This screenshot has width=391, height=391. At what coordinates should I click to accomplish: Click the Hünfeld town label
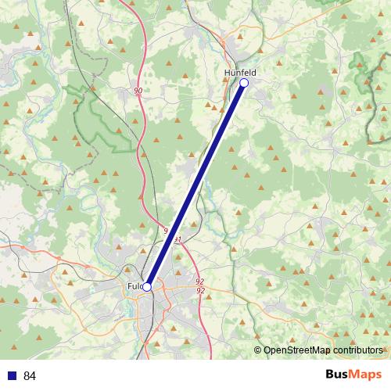[240, 73]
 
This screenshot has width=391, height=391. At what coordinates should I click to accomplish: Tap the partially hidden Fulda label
[134, 286]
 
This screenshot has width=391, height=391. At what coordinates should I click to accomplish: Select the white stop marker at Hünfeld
[244, 82]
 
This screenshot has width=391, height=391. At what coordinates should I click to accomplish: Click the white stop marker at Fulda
[146, 287]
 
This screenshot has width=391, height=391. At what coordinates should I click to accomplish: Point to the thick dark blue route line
[195, 185]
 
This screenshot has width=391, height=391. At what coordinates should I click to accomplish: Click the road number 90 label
[138, 91]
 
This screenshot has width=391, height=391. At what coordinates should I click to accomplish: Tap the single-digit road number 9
[166, 231]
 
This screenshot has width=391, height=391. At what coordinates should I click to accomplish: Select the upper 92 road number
[200, 282]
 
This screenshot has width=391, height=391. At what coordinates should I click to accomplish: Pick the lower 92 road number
[200, 291]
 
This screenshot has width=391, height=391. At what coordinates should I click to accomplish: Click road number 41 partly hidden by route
[180, 239]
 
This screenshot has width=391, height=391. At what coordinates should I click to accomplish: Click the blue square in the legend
[12, 375]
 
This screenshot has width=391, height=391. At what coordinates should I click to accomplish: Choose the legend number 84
[30, 375]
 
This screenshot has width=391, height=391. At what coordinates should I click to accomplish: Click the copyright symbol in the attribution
[258, 350]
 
